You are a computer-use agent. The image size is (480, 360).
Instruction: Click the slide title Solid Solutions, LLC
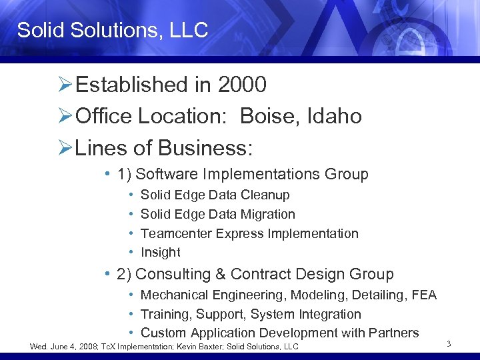[x=113, y=30]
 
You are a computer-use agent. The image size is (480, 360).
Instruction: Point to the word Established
[x=132, y=85]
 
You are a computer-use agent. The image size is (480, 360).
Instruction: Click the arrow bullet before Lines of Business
[x=65, y=148]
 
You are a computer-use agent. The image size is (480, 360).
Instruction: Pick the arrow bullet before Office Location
[x=65, y=117]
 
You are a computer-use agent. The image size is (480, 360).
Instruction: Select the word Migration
[x=267, y=214]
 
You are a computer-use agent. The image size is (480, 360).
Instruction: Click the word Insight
[x=161, y=253]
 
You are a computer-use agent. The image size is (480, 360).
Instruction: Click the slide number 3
[x=449, y=344]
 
